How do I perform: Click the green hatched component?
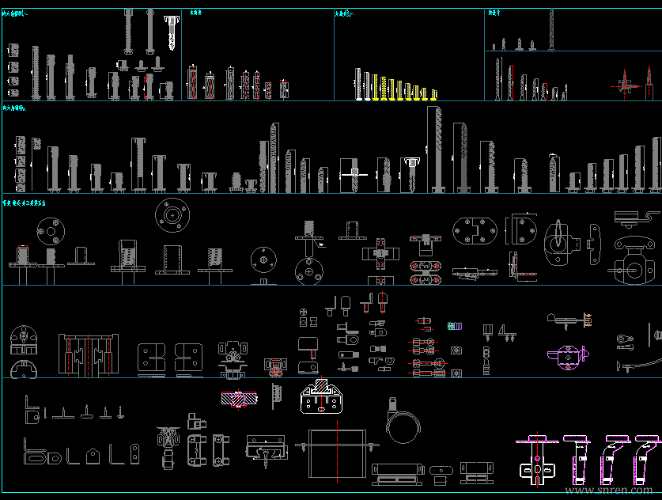(x=454, y=326)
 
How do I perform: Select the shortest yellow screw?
(x=433, y=93)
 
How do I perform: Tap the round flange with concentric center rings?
(x=168, y=213)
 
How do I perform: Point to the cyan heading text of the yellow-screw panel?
(x=343, y=13)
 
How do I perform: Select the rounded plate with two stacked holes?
(x=134, y=454)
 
